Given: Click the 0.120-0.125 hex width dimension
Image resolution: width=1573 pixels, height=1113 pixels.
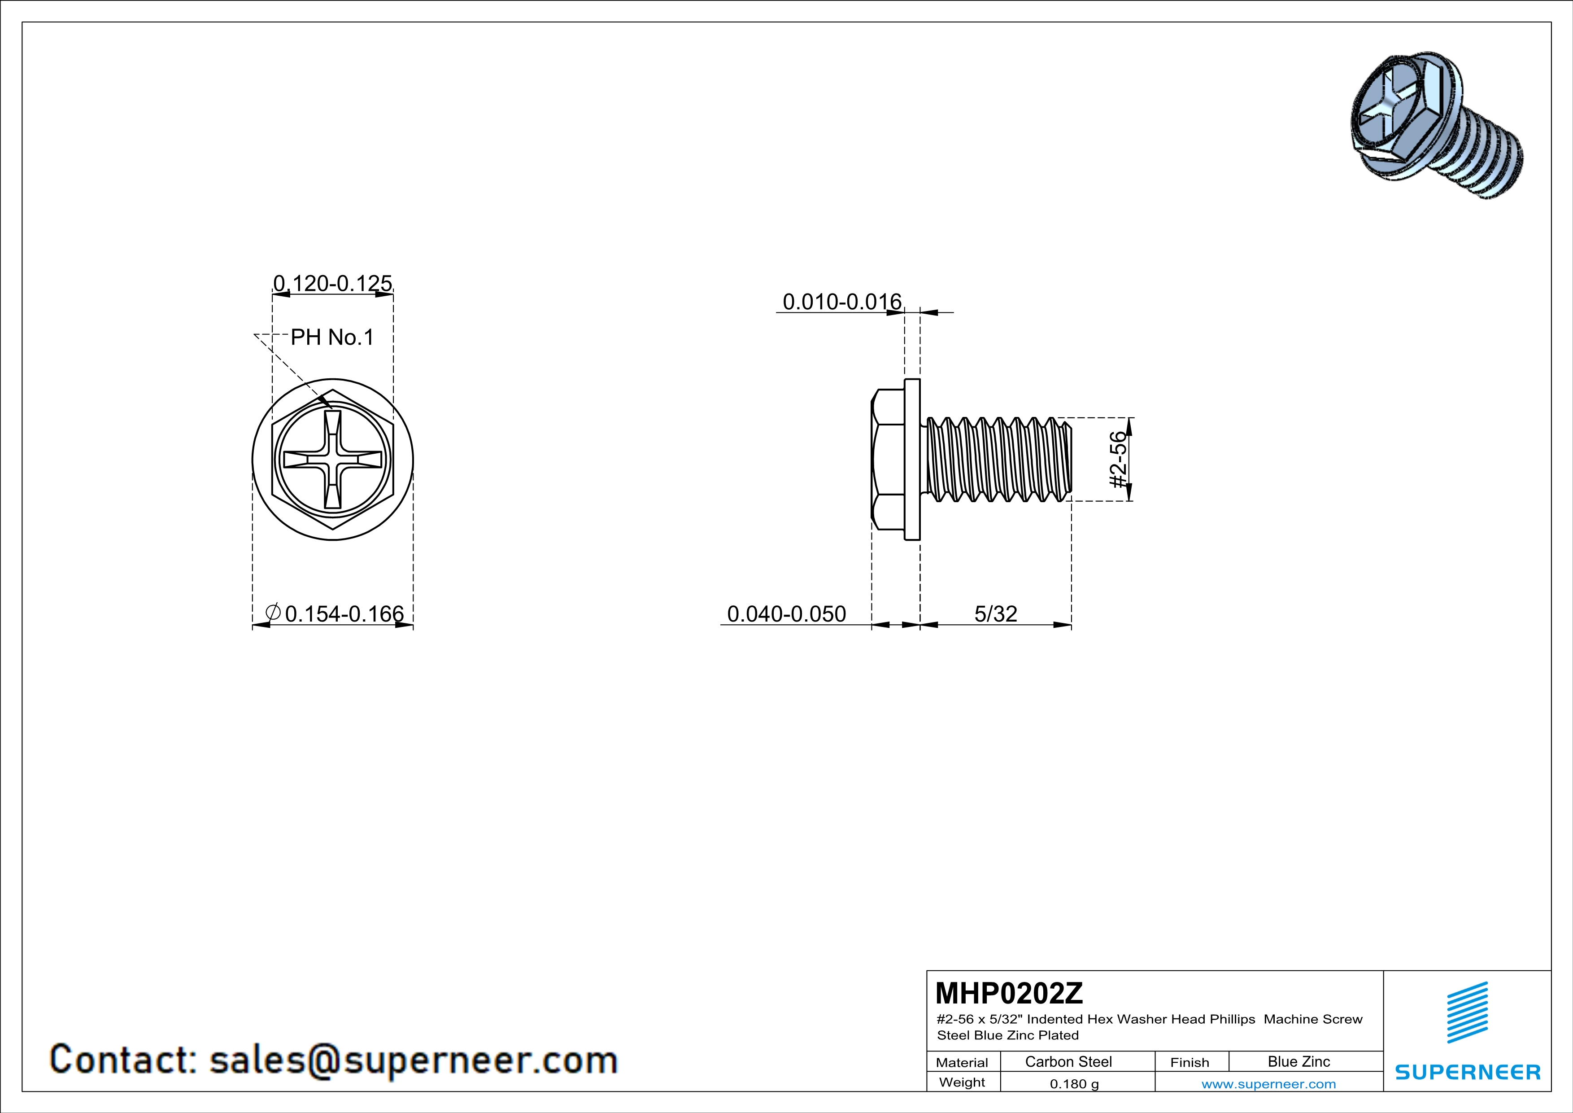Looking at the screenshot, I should (x=332, y=283).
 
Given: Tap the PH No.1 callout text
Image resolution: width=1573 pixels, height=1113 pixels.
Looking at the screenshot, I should (x=332, y=337).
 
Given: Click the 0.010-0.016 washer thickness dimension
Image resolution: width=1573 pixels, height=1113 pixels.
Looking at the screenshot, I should (x=841, y=302).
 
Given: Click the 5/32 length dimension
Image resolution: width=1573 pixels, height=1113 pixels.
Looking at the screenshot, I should (x=995, y=613).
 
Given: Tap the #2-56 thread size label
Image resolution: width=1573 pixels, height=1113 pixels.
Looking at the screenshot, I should (x=1117, y=459).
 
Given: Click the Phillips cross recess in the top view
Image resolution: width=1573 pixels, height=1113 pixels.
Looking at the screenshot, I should (x=333, y=459).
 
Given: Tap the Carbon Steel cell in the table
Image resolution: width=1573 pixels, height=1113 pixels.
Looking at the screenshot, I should (x=1068, y=1061).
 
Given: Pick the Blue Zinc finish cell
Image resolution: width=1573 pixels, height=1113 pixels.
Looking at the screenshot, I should (x=1298, y=1061).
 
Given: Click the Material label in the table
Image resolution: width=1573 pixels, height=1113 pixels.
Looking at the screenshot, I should (x=962, y=1062).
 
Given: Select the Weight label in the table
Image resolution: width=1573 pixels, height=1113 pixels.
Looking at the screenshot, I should (x=962, y=1082).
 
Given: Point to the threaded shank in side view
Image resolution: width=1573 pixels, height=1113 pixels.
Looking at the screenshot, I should (x=997, y=459).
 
